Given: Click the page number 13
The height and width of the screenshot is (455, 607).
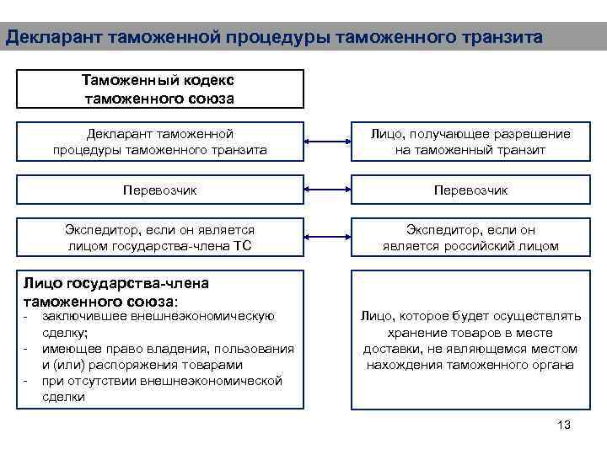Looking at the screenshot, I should tap(564, 425).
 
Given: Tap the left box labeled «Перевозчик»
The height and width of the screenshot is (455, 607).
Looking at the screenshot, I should tap(160, 190).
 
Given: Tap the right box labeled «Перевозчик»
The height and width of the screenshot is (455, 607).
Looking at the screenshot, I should tap(470, 190).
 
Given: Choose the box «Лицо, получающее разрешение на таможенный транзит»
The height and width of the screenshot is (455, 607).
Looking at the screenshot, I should tap(470, 142).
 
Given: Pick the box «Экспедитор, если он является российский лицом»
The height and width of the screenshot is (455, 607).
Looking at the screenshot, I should tap(470, 238).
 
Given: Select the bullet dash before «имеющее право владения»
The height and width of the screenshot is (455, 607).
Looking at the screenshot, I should tap(26, 349).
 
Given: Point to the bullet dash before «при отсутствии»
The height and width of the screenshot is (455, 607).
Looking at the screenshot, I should tap(26, 381).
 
